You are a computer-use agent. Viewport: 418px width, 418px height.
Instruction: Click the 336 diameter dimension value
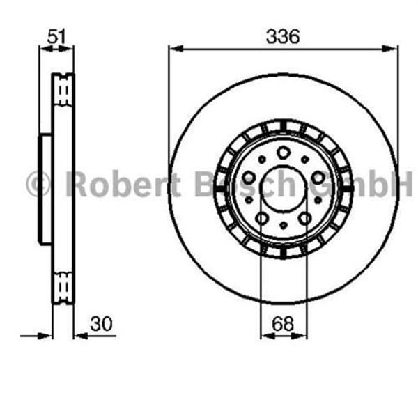[x=284, y=36]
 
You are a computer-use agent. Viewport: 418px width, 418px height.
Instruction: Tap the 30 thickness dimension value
[x=102, y=324]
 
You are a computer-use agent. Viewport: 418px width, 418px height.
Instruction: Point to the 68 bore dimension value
[x=283, y=324]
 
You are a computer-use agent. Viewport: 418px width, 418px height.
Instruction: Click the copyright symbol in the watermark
[x=38, y=185]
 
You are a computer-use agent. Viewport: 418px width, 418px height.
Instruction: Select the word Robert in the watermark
[x=123, y=185]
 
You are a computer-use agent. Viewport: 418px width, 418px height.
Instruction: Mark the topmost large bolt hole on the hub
[x=283, y=154]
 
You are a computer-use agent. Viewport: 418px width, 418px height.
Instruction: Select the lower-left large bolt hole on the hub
[x=261, y=220]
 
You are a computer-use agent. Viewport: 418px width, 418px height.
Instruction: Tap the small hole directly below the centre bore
[x=283, y=227]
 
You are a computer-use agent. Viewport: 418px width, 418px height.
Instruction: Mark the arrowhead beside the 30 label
[x=79, y=336]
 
